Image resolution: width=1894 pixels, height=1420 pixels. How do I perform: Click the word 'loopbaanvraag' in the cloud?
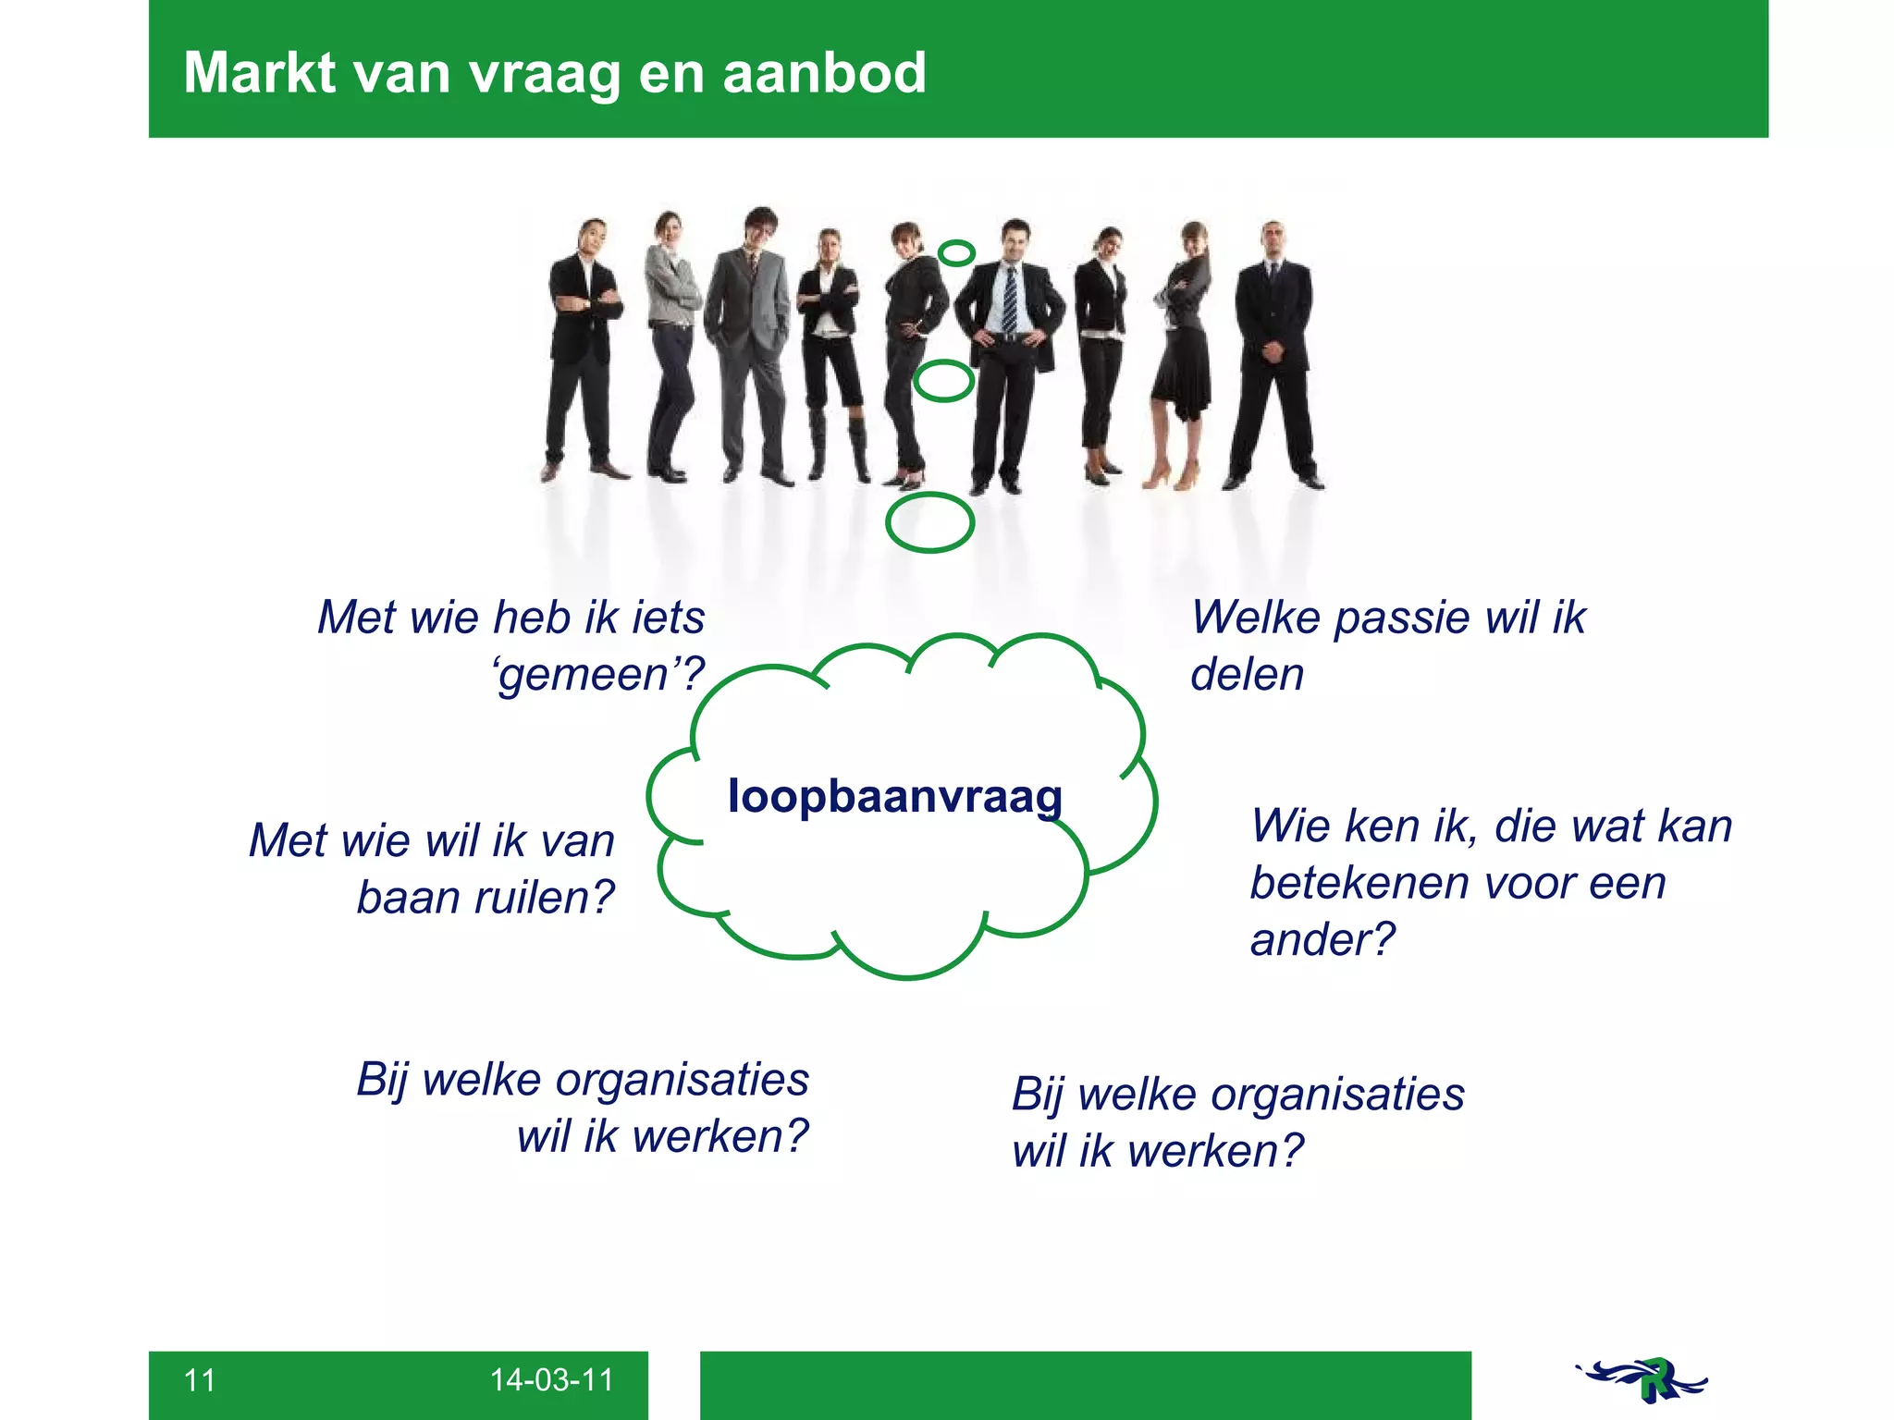(x=894, y=797)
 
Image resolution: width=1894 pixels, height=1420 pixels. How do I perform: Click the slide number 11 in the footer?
(x=200, y=1380)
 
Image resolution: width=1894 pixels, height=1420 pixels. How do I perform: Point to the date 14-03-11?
(x=551, y=1380)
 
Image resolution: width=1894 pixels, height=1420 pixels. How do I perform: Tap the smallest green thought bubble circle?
(x=956, y=252)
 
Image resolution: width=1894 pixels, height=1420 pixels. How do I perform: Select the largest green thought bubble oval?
(x=929, y=522)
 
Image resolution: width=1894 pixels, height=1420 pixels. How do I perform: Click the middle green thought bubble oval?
(x=943, y=380)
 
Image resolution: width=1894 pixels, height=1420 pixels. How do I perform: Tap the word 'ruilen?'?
(x=544, y=898)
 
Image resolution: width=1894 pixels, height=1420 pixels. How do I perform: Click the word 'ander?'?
(x=1322, y=940)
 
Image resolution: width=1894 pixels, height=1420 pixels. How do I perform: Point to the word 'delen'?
(x=1247, y=675)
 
